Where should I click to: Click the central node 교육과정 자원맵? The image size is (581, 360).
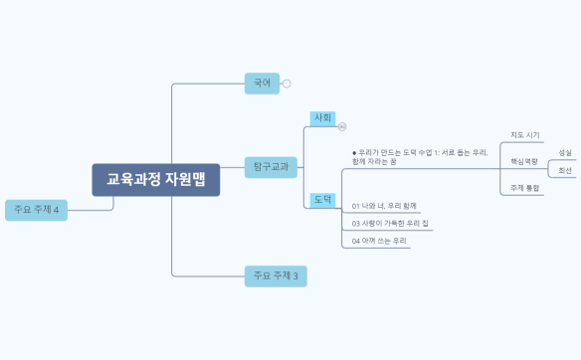(155, 180)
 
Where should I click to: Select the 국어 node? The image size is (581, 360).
(263, 84)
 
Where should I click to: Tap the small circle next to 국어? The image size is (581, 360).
(287, 84)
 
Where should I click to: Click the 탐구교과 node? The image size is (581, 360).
(271, 167)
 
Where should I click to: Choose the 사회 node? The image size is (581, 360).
(323, 118)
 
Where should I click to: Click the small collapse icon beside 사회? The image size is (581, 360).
(342, 126)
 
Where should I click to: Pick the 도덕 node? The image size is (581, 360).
(323, 199)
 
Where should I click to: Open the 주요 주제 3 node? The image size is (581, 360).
(276, 275)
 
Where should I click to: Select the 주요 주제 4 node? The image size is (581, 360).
(36, 210)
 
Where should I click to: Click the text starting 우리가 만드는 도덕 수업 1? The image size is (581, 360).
(418, 157)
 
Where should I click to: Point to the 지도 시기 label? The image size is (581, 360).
(524, 135)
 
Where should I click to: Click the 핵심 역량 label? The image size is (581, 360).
(523, 161)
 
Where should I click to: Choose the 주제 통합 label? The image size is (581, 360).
(524, 187)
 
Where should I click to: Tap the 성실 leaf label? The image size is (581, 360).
(565, 153)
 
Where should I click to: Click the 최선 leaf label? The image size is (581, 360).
(565, 171)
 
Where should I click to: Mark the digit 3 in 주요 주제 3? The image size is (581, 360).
(294, 275)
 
